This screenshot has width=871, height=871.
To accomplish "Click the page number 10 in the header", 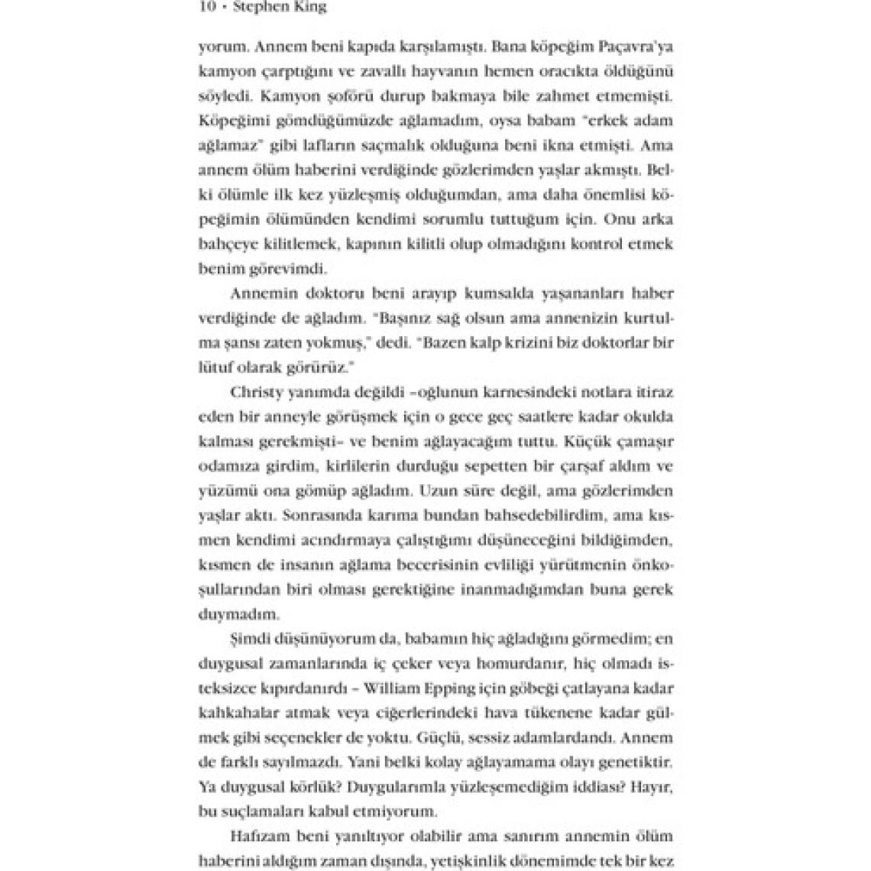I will pyautogui.click(x=206, y=7).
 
